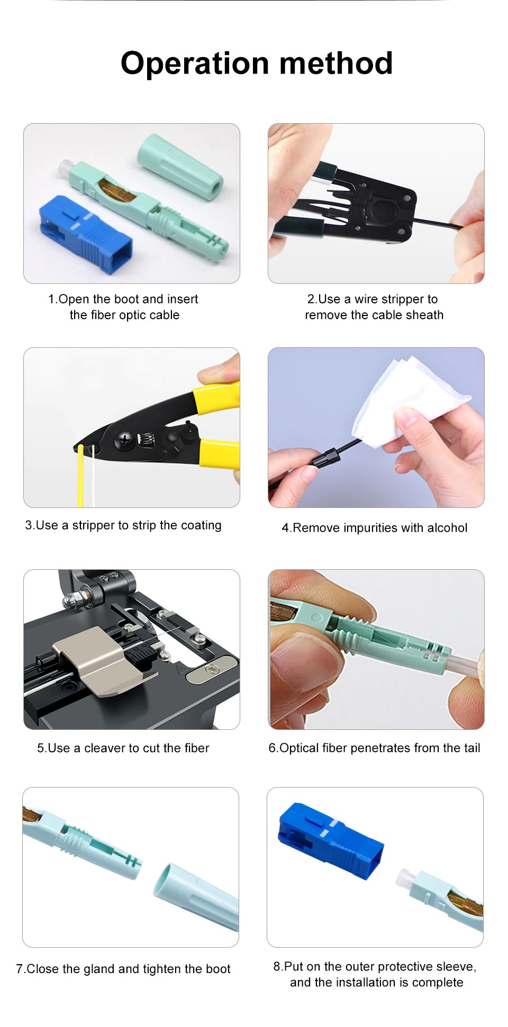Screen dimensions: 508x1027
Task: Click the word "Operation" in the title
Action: pos(195,64)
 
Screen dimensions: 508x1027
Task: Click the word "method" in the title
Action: pos(336,63)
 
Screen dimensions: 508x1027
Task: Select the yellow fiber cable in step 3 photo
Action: pos(80,476)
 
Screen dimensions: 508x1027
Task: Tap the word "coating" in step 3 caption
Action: pos(201,525)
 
